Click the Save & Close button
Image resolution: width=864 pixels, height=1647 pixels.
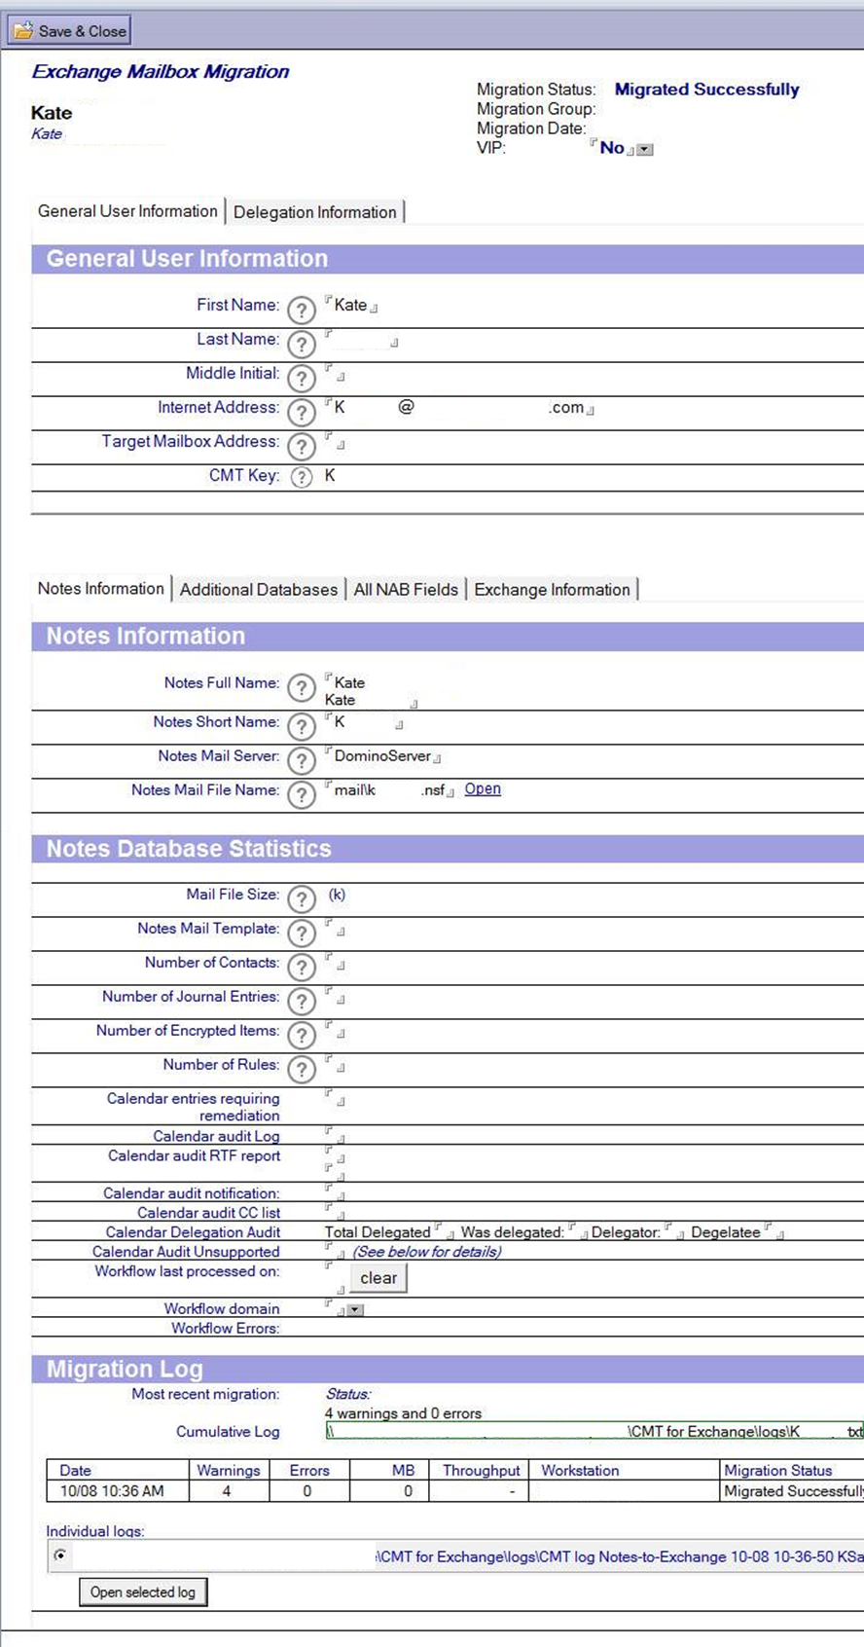coord(69,31)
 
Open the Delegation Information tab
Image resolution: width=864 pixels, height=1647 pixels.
coord(314,212)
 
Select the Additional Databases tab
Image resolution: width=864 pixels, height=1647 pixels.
coord(258,590)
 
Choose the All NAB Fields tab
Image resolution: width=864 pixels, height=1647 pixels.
coord(406,590)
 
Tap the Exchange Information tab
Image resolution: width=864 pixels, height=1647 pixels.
coord(552,590)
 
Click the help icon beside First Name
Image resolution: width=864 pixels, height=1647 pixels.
coord(302,310)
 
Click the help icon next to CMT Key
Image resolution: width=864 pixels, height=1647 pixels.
coord(302,477)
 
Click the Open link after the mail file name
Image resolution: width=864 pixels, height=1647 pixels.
coord(483,789)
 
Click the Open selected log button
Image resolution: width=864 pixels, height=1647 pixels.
coord(143,1592)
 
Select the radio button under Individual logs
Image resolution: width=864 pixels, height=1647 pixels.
coord(60,1555)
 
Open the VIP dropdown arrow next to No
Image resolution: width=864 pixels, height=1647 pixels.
coord(645,150)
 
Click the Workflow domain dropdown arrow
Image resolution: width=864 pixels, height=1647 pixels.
coord(356,1310)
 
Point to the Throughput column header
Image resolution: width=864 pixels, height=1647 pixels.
coord(482,1471)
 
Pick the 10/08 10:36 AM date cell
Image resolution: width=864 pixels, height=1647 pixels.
coord(112,1491)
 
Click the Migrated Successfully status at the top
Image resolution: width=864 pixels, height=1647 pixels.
coord(706,90)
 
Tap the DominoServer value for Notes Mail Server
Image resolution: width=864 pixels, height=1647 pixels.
coord(382,756)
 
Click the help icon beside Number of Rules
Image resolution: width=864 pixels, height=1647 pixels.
coord(302,1070)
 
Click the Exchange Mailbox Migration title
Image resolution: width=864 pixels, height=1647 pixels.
coord(161,72)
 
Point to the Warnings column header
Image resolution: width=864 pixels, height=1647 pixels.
coord(229,1471)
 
